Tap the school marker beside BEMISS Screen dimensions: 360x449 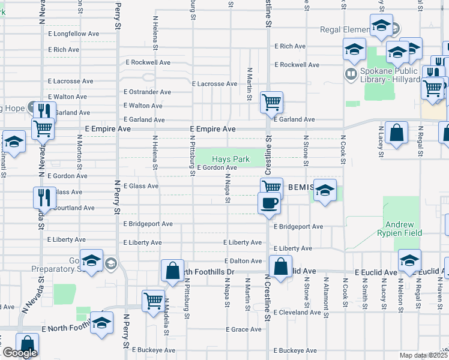click(325, 191)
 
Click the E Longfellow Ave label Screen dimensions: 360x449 click(73, 34)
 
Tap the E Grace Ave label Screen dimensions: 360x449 click(244, 329)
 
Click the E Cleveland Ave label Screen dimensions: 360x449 click(297, 313)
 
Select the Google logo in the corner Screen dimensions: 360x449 click(20, 353)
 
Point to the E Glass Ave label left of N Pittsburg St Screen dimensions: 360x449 click(140, 186)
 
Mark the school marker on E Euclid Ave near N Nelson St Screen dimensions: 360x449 click(409, 261)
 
